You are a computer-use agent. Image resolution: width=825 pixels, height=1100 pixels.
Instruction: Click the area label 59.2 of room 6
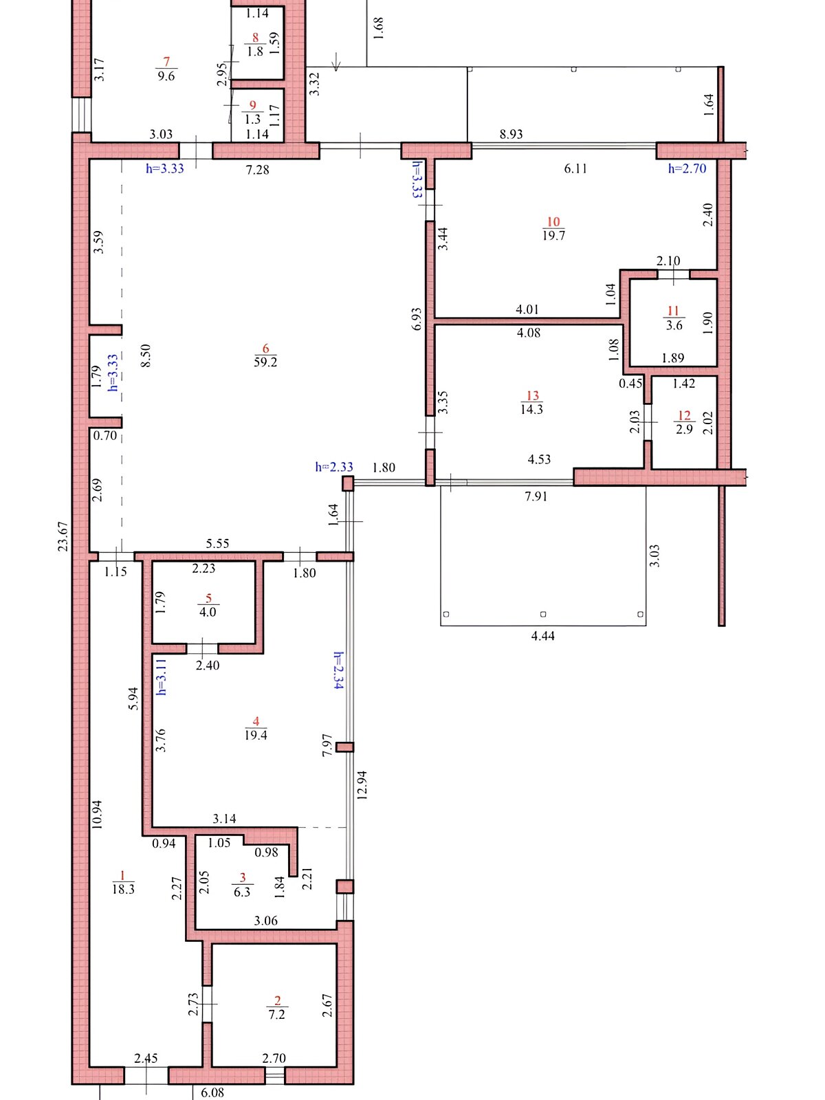point(265,362)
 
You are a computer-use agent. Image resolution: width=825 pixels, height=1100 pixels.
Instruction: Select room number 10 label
point(553,221)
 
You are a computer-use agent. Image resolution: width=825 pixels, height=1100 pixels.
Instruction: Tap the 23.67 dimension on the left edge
point(63,536)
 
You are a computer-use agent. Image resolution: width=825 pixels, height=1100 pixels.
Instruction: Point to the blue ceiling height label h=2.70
point(687,168)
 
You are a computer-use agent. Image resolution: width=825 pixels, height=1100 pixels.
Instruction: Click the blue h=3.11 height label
point(162,677)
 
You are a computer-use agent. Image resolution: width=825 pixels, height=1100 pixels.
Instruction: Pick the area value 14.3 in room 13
point(531,409)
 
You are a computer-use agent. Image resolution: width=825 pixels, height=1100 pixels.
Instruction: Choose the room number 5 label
point(208,598)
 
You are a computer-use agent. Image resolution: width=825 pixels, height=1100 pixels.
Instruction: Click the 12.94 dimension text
point(362,785)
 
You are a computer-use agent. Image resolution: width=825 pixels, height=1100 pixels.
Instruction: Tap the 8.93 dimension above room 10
point(511,134)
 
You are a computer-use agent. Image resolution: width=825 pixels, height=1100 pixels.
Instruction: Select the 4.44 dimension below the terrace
point(542,636)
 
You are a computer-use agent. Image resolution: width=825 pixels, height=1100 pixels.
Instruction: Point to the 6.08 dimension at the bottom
point(212,1092)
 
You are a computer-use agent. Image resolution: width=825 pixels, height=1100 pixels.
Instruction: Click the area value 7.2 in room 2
point(276,1014)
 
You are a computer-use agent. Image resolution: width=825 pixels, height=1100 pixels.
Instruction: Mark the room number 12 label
point(684,415)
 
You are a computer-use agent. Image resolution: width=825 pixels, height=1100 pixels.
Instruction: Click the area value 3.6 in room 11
point(674,325)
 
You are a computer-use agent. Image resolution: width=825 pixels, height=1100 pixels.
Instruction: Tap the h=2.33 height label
point(334,467)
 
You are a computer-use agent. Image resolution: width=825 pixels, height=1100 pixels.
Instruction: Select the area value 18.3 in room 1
point(123,889)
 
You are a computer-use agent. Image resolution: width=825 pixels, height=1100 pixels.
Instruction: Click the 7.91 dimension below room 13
point(536,496)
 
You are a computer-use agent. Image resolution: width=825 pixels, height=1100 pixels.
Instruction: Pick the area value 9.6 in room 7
point(166,76)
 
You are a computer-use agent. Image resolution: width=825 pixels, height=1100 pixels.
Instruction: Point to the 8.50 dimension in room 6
point(145,355)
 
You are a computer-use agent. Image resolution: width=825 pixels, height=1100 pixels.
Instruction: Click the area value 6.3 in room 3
point(242,892)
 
